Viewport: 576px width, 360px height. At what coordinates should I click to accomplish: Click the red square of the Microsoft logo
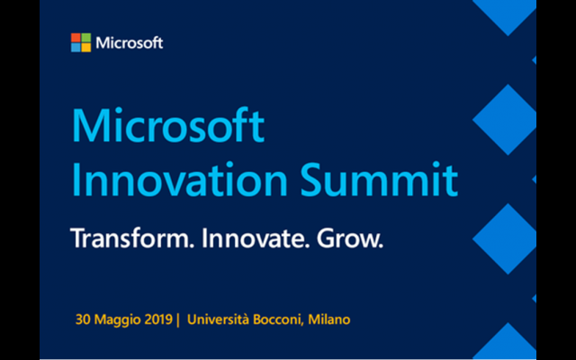point(76,38)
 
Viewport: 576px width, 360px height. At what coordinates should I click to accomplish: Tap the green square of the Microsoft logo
point(86,38)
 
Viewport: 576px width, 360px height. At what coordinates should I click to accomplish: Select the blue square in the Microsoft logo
point(76,48)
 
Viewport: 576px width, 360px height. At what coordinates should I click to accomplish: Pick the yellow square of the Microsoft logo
point(86,48)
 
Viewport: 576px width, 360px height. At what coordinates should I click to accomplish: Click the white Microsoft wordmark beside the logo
point(130,43)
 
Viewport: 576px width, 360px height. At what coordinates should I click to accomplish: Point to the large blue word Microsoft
point(168,125)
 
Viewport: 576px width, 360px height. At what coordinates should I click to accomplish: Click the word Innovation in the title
point(180,180)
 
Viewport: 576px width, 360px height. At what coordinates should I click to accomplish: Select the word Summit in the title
point(380,180)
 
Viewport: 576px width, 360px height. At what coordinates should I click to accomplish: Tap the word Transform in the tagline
point(132,238)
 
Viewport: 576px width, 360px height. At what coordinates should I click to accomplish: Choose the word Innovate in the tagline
point(256,238)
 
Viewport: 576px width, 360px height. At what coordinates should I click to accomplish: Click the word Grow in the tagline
point(350,238)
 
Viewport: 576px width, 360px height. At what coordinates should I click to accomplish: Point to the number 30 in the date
point(83,319)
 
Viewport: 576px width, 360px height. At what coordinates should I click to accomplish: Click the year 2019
point(158,319)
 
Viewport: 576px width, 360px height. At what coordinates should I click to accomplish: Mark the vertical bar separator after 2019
point(178,320)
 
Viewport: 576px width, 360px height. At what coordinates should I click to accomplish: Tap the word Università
point(218,319)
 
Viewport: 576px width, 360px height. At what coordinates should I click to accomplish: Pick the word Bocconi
point(278,319)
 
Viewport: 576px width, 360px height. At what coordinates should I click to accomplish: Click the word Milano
point(329,319)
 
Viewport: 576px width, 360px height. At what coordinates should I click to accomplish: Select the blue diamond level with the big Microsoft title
point(504,120)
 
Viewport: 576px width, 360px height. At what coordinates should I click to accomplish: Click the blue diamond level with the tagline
point(504,238)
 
